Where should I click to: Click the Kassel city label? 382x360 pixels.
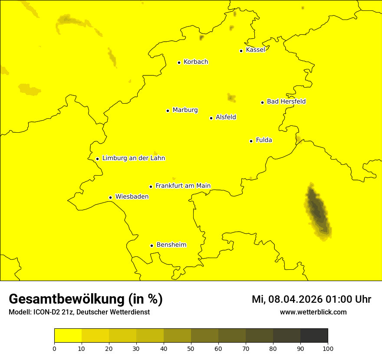pyautogui.click(x=255, y=50)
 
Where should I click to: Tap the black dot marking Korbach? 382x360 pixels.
pyautogui.click(x=179, y=62)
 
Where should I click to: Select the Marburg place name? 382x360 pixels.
pyautogui.click(x=185, y=110)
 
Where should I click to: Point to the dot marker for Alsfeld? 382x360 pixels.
pyautogui.click(x=211, y=118)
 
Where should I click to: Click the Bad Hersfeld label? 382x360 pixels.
pyautogui.click(x=286, y=101)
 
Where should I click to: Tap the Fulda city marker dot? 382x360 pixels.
pyautogui.click(x=251, y=141)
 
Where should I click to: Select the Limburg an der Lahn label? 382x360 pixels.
pyautogui.click(x=133, y=158)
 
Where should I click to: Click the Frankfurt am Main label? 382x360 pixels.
pyautogui.click(x=183, y=186)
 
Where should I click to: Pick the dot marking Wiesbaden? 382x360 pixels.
pyautogui.click(x=110, y=197)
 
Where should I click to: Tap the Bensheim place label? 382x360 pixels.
pyautogui.click(x=171, y=245)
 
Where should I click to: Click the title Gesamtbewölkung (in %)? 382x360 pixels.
pyautogui.click(x=86, y=299)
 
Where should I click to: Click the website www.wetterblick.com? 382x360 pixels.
pyautogui.click(x=313, y=312)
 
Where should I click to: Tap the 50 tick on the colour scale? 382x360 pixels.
pyautogui.click(x=191, y=348)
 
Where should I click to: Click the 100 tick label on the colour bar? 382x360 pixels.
pyautogui.click(x=328, y=348)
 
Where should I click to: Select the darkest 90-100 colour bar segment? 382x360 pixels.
pyautogui.click(x=314, y=335)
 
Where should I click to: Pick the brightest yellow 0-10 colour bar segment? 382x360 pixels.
pyautogui.click(x=68, y=335)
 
